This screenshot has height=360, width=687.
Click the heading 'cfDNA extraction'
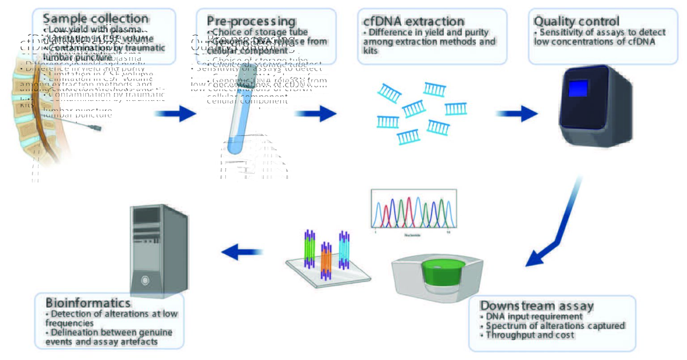click(414, 21)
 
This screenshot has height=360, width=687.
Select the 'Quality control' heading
click(576, 21)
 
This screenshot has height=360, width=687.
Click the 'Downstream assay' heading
click(536, 306)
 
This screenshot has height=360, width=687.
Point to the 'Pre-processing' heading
click(251, 21)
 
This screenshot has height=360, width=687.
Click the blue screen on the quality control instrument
click(577, 88)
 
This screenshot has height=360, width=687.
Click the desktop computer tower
click(158, 250)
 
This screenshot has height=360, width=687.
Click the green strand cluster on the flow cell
click(310, 249)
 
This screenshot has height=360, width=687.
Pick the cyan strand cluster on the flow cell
click(343, 250)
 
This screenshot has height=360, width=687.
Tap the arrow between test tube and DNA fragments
click(315, 114)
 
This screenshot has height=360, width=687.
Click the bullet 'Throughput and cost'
click(530, 335)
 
